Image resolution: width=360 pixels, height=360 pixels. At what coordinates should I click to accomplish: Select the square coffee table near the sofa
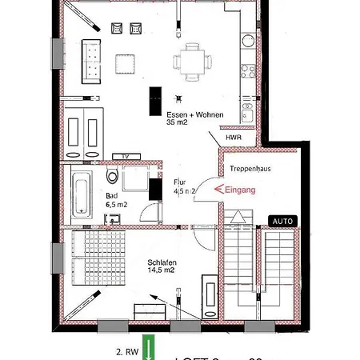pos(125,62)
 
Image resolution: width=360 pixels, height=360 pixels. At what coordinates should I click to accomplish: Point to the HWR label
pos(234,137)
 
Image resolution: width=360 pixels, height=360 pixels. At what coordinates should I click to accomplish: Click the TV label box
pos(125,155)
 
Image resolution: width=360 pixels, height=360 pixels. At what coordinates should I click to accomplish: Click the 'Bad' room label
pos(111,194)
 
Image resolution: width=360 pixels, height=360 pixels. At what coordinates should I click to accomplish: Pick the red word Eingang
pos(239,190)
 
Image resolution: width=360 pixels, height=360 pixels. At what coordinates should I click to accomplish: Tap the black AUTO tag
pos(284,220)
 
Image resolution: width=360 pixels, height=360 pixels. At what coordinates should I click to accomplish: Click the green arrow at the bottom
pos(146,350)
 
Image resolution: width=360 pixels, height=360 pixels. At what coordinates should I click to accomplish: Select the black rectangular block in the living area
pos(151,101)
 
